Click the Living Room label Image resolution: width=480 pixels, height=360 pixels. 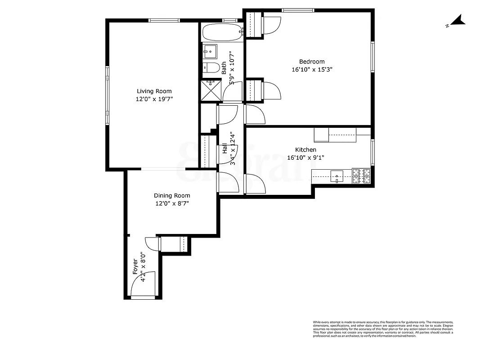154,91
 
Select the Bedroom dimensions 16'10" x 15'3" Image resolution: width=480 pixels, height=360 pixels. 312,69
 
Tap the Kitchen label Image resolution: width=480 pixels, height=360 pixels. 305,150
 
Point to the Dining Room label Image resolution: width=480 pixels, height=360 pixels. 172,196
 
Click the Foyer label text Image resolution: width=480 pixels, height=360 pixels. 135,266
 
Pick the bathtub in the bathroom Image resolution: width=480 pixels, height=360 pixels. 223,32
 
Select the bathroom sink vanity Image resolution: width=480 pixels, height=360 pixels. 210,52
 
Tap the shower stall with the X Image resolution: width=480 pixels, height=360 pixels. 211,90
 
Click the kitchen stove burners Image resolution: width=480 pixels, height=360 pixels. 361,176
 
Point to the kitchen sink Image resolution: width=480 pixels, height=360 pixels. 337,176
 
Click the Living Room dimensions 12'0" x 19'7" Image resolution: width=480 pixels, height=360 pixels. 154,99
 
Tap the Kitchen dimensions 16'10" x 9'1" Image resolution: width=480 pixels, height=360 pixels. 305,157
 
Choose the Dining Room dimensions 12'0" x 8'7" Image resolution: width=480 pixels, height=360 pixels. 172,203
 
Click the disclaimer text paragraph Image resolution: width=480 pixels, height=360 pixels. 383,329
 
